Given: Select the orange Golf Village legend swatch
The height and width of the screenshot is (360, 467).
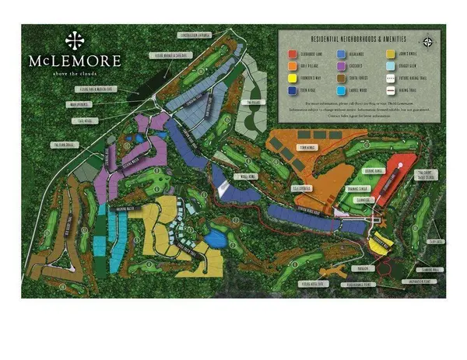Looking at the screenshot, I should point(292,66).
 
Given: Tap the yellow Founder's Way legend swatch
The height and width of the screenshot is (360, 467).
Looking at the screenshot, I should point(292,77).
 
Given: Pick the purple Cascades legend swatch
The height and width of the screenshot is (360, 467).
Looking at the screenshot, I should point(342,66).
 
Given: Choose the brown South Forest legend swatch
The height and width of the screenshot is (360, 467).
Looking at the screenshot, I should point(342,77).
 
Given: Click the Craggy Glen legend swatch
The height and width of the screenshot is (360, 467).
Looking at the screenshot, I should point(392,66).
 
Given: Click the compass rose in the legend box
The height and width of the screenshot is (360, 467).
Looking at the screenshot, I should point(427,41).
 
